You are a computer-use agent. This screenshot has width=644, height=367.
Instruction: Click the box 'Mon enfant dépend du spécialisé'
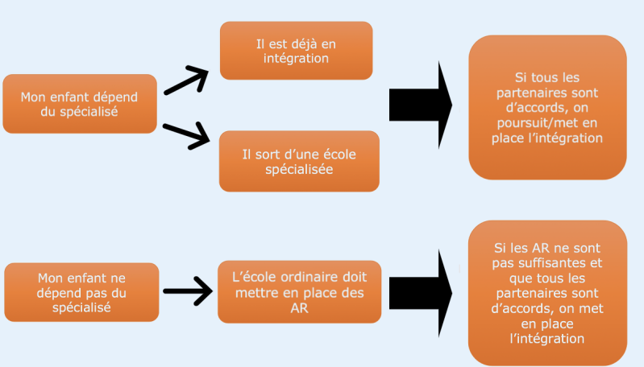coord(79,104)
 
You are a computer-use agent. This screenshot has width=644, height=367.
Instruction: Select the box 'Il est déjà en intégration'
coord(296,50)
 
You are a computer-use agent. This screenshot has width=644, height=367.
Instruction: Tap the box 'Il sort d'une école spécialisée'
coord(299,161)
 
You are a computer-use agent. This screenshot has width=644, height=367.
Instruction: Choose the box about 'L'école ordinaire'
coord(299,291)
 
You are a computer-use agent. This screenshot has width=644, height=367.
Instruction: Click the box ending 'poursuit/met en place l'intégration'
coord(548,107)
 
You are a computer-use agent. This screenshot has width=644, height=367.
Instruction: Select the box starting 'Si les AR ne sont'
coord(548,293)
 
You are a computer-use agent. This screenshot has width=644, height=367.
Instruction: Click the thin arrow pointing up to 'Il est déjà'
coord(185,80)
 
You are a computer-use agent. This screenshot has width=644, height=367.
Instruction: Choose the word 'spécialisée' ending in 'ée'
coord(300,170)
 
